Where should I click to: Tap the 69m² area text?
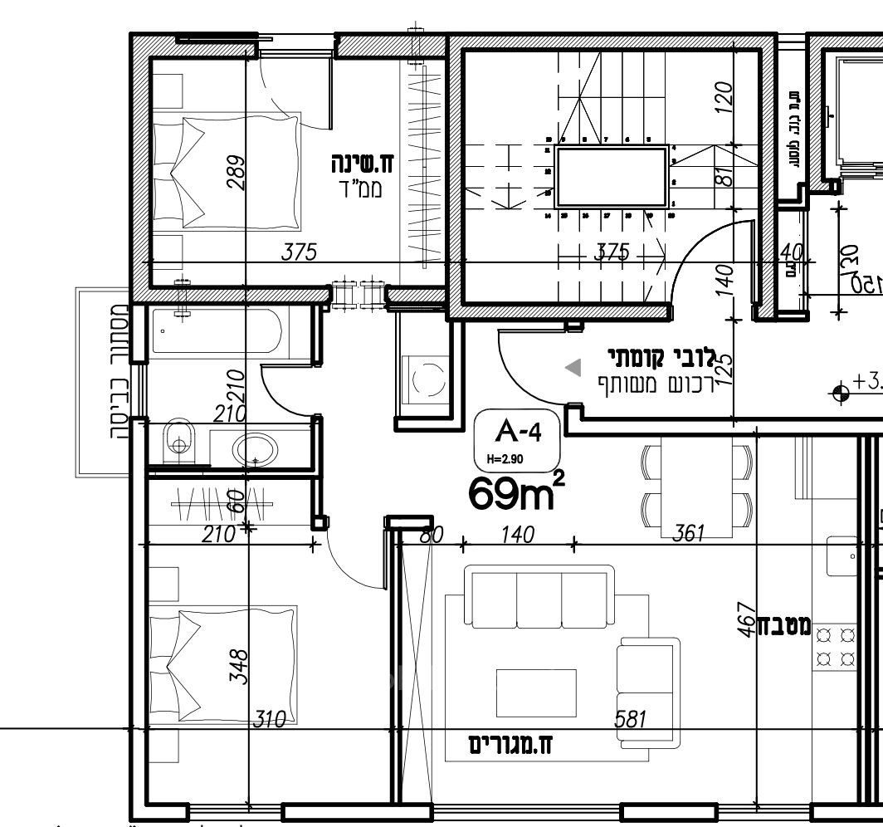(516, 494)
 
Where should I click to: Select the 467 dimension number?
(746, 622)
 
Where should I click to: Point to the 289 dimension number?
(237, 174)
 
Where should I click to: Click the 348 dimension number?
(238, 667)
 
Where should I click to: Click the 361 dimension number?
(688, 534)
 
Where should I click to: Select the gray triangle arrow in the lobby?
(573, 368)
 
